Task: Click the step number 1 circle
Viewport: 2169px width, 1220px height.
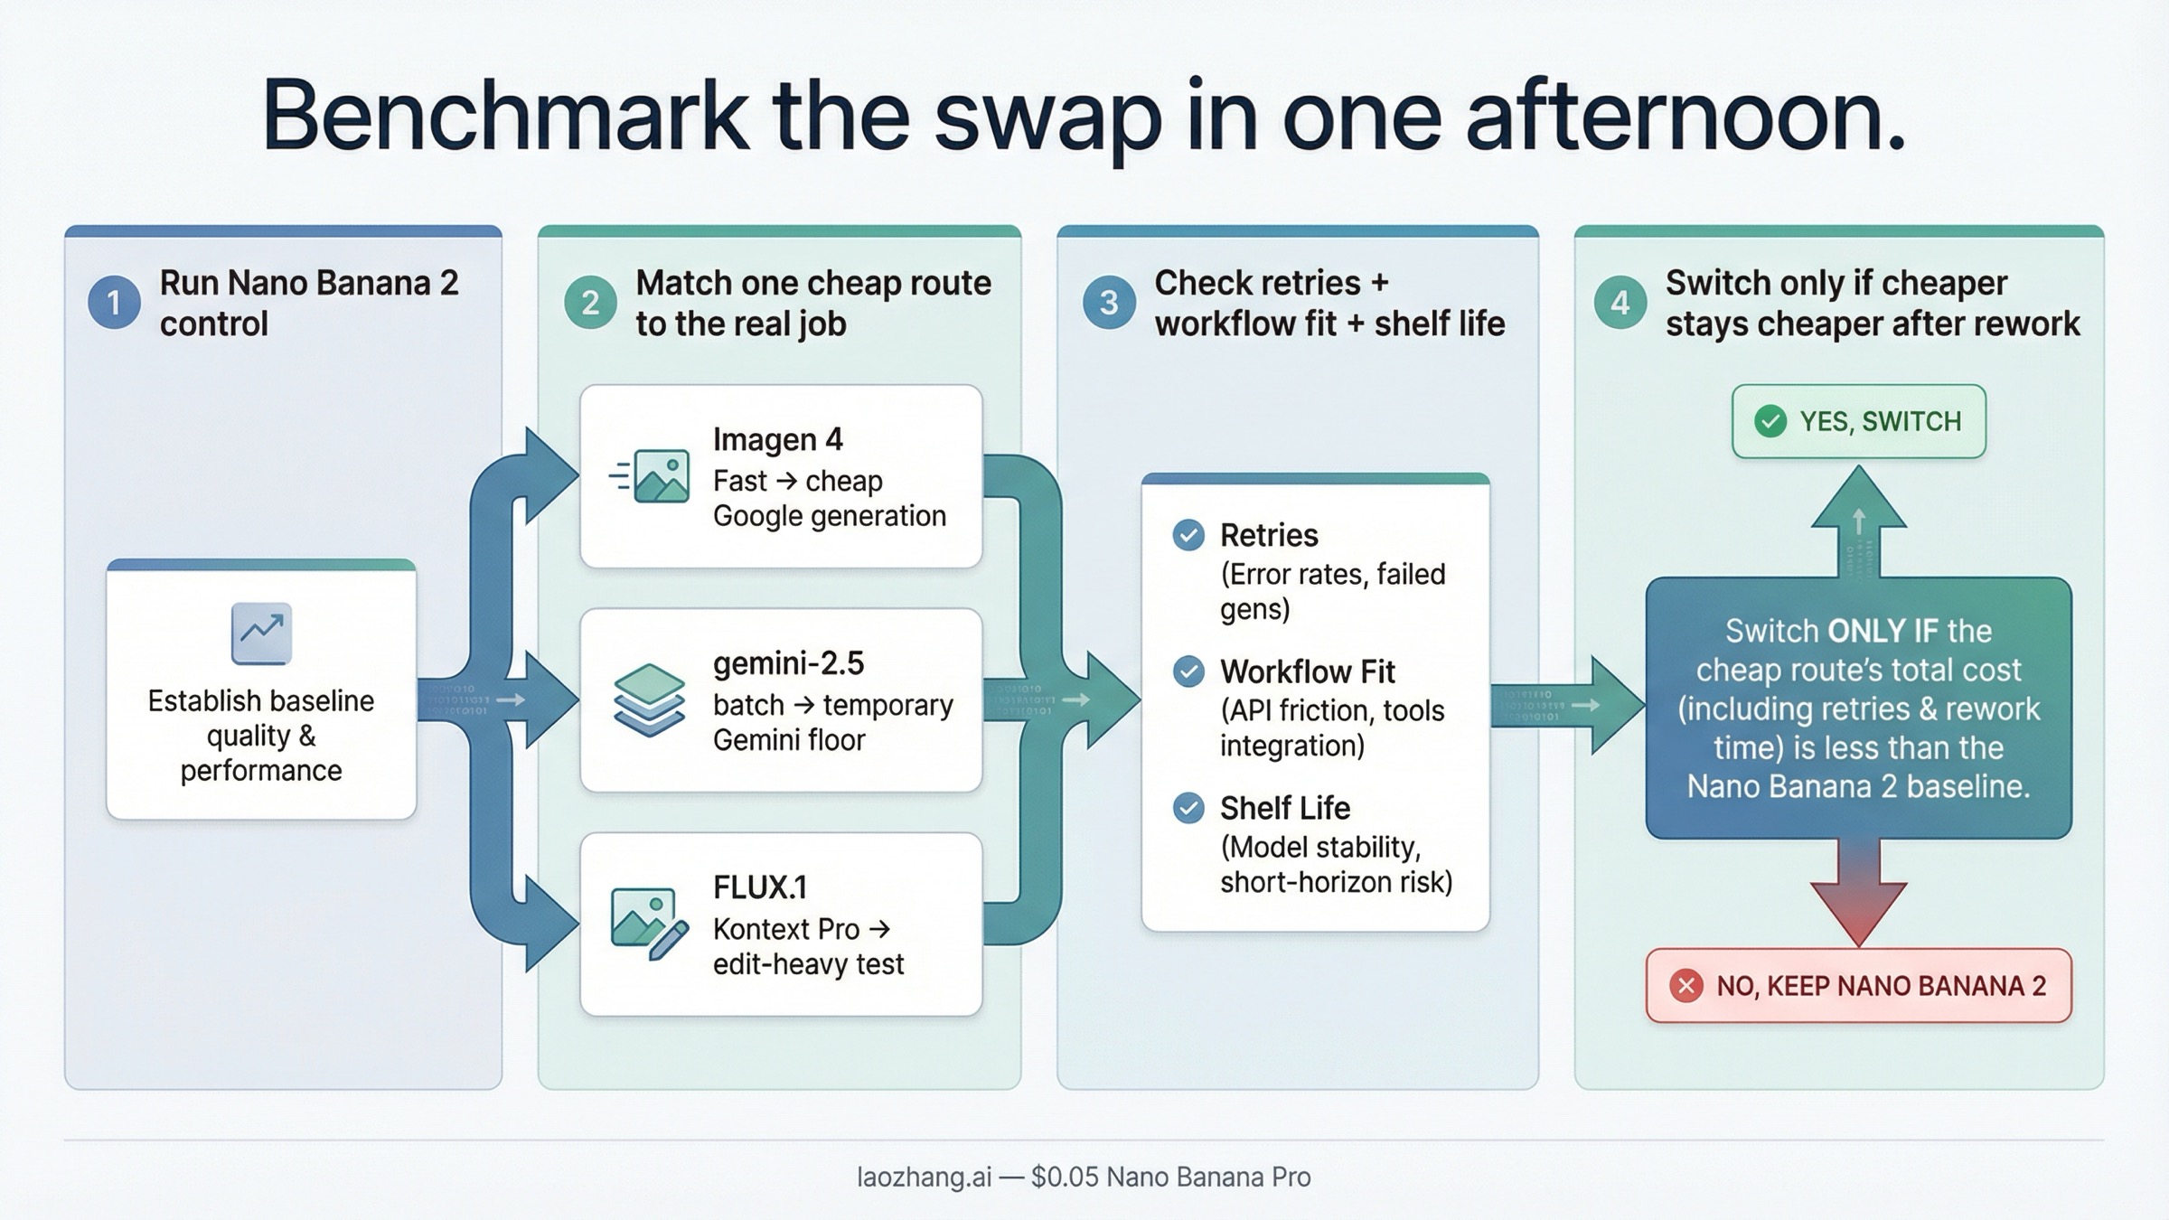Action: click(114, 302)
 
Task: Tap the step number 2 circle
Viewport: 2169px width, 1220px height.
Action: click(590, 302)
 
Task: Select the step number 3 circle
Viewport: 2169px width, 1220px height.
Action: click(1109, 302)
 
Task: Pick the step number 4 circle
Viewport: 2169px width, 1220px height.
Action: click(1620, 302)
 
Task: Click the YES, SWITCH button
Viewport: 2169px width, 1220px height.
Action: click(1858, 421)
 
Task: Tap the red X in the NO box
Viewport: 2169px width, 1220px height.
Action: click(1686, 985)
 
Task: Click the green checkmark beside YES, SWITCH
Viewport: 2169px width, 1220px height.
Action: click(1770, 421)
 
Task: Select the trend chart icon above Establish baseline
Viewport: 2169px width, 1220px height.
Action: click(261, 633)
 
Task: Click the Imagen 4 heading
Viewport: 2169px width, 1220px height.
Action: click(777, 440)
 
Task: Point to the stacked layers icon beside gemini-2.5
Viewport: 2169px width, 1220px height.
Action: click(648, 700)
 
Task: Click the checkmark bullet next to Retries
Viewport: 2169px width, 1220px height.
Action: click(1188, 535)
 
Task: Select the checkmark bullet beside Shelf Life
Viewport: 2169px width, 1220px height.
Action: click(1188, 808)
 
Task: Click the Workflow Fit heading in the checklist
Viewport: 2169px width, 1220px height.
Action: click(1307, 671)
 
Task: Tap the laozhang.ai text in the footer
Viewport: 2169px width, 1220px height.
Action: click(924, 1177)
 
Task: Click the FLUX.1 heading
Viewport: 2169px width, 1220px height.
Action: click(759, 887)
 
